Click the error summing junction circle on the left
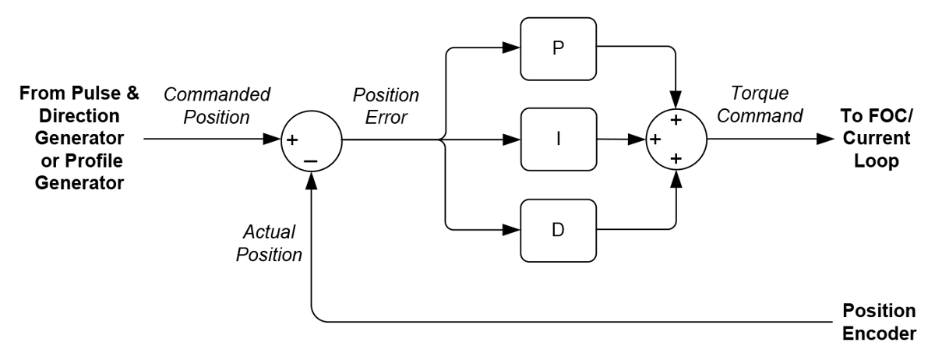pyautogui.click(x=311, y=140)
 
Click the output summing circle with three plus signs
pyautogui.click(x=676, y=140)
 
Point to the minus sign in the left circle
pyautogui.click(x=311, y=160)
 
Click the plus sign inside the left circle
pyautogui.click(x=294, y=141)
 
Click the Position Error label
pyautogui.click(x=386, y=106)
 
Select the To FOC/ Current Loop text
pyautogui.click(x=880, y=140)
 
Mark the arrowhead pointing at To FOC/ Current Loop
pyautogui.click(x=824, y=140)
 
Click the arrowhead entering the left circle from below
pyautogui.click(x=311, y=180)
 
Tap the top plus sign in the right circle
pyautogui.click(x=676, y=121)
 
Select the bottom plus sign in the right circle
pyautogui.click(x=676, y=159)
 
